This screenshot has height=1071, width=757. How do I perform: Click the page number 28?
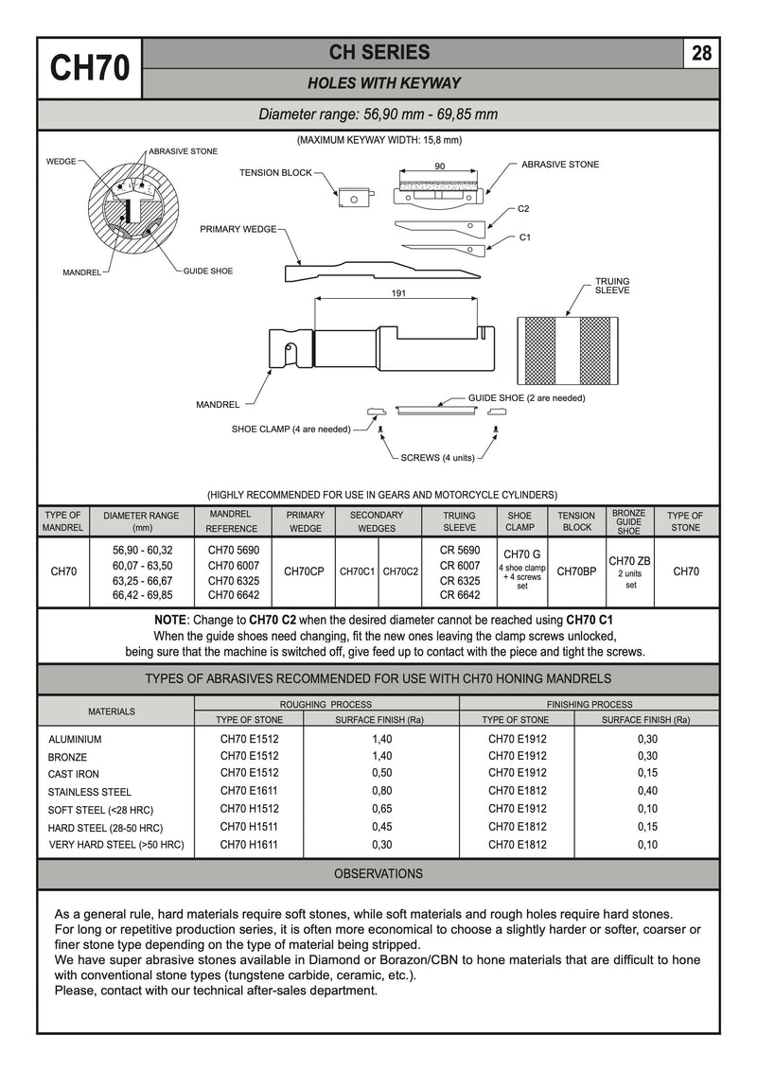point(701,53)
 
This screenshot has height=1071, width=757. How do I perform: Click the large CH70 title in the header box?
point(89,68)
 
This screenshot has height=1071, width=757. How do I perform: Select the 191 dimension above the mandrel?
point(399,294)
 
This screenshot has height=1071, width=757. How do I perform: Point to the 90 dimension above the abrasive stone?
point(440,166)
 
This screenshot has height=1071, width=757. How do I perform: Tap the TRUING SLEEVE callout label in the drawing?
point(611,286)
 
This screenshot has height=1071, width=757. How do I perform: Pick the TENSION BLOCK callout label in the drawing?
point(275,173)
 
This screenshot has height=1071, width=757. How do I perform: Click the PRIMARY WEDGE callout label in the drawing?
point(237,229)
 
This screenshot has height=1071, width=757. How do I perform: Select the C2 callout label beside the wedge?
point(523,208)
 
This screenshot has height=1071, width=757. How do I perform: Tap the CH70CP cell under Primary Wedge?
point(305,571)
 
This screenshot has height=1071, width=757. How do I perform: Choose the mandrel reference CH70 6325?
point(233,580)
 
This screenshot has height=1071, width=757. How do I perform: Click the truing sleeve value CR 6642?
point(460,595)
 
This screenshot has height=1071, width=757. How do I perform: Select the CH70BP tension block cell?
point(576,571)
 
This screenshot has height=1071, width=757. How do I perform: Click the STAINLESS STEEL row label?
point(90,792)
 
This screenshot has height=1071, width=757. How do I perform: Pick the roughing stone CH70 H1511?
point(249,827)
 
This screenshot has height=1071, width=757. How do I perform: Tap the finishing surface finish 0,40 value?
point(647,791)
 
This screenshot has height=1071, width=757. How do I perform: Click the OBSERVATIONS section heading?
point(378,873)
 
